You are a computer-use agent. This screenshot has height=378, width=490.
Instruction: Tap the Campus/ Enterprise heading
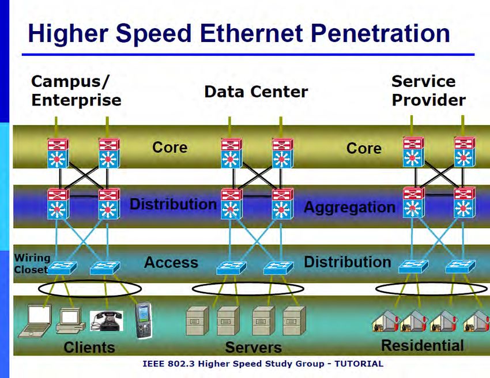click(76, 90)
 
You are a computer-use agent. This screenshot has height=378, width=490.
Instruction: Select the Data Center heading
click(256, 92)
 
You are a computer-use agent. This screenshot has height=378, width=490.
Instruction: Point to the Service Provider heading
click(428, 90)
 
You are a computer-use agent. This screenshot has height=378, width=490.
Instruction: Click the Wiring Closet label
click(32, 263)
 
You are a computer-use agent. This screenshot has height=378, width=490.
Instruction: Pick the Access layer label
click(171, 263)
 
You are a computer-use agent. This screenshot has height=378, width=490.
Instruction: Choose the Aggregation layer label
click(349, 207)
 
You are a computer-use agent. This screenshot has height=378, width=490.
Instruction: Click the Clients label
click(89, 347)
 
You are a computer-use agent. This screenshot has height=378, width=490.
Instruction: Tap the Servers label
click(253, 347)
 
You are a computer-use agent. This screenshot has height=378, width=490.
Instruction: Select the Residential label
click(423, 346)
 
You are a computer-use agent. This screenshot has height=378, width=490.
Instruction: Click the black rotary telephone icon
click(107, 321)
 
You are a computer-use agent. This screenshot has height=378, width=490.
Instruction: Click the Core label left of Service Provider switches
click(364, 149)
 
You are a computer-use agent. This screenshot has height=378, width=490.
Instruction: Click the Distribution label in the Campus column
click(173, 204)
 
